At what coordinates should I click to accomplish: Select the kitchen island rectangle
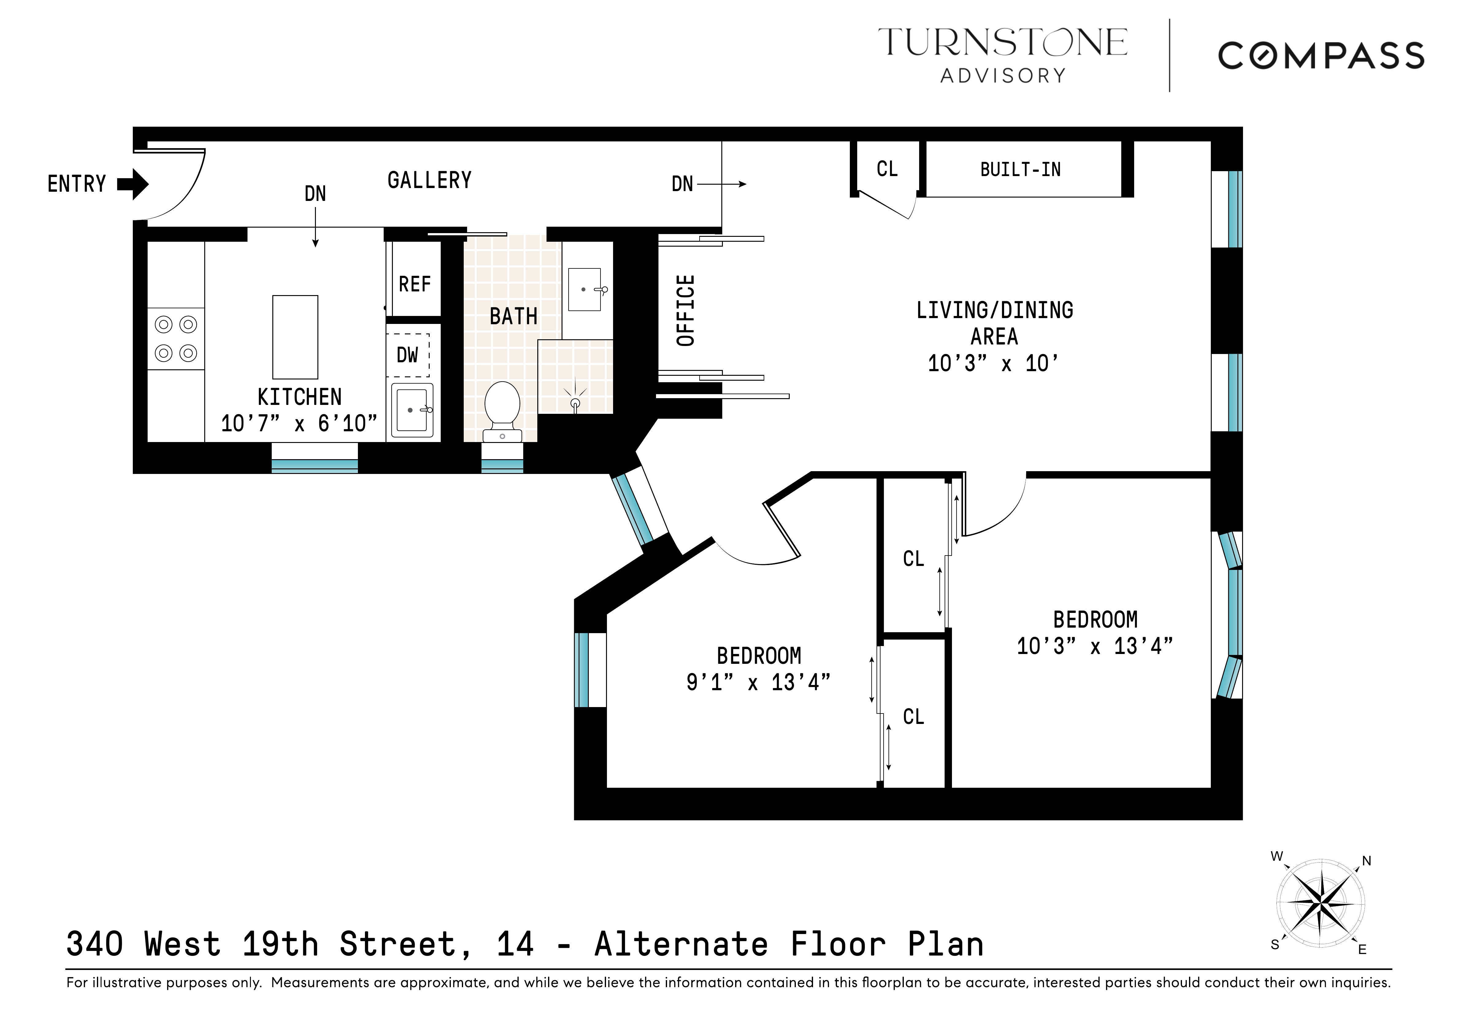[x=295, y=337]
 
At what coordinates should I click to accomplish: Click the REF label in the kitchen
[x=415, y=284]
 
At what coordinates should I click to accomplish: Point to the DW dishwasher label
[x=408, y=355]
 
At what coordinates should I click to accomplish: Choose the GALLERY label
[x=429, y=180]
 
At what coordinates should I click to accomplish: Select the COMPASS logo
[x=1321, y=56]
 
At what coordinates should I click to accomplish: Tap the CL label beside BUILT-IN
[x=887, y=169]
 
